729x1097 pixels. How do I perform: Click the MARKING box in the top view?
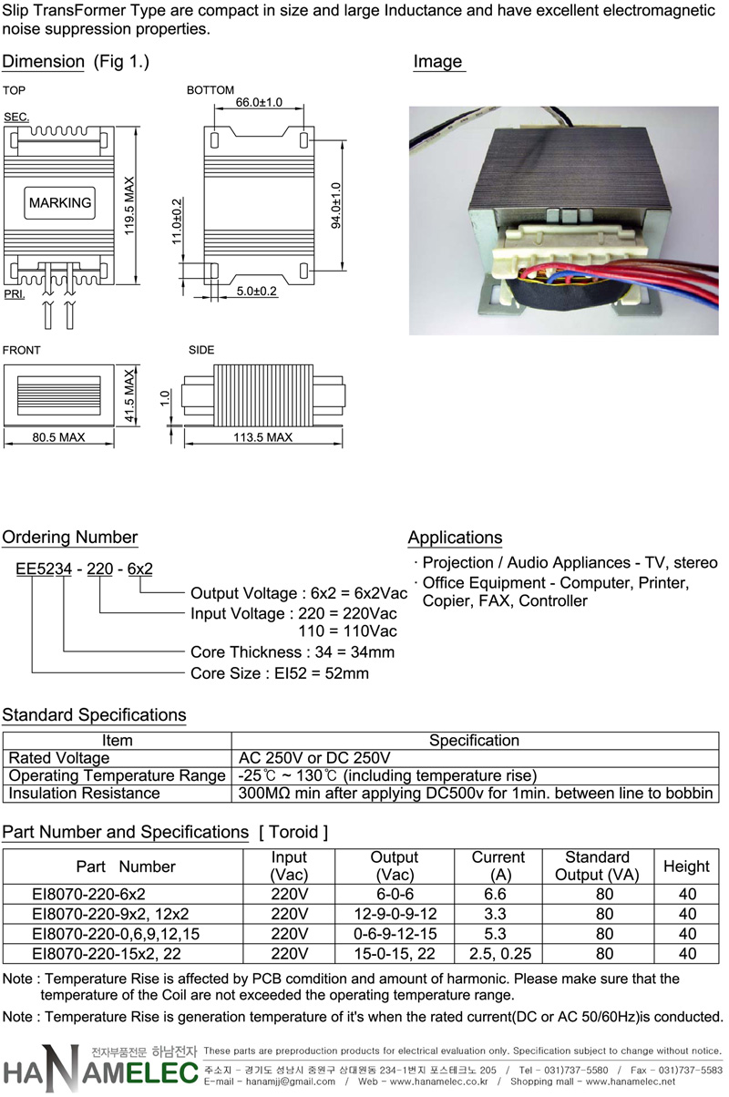60,203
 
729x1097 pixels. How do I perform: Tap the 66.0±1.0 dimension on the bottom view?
259,102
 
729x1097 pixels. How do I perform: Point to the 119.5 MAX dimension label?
128,206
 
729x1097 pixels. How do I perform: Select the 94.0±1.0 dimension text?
336,205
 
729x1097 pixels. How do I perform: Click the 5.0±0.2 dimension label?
257,291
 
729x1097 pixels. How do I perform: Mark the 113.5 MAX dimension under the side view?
262,437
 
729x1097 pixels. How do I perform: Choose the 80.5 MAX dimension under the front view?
59,437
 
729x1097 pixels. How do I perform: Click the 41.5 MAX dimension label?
128,395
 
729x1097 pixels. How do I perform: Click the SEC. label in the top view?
16,117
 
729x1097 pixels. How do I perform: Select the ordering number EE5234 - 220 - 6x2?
84,569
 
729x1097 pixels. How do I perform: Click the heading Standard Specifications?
94,715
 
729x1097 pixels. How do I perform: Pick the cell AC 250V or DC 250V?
314,758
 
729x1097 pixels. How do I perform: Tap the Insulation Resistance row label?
84,794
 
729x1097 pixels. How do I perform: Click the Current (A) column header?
498,866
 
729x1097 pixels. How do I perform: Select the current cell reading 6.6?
496,894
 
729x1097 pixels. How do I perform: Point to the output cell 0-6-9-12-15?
395,934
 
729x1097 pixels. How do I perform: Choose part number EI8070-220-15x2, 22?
107,954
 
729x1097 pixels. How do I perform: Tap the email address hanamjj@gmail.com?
291,1082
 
